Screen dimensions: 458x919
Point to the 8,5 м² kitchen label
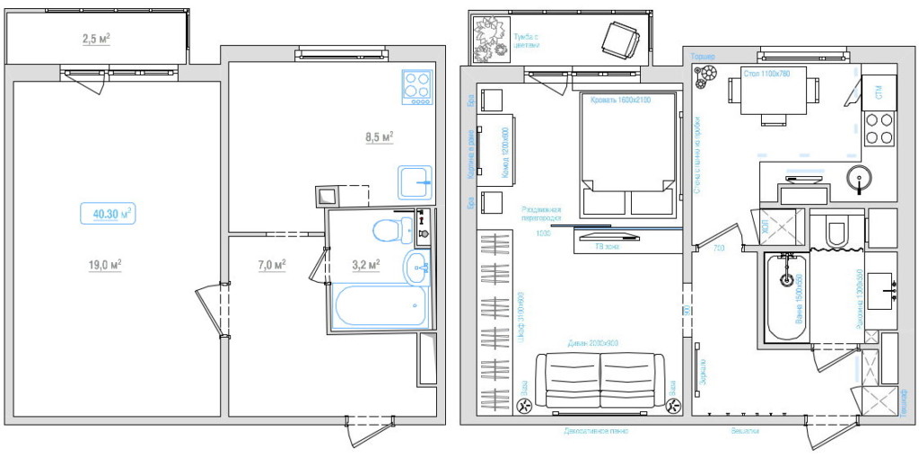[x=380, y=137]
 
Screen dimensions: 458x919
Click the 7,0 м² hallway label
[x=271, y=265]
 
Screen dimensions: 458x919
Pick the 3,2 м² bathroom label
[x=365, y=265]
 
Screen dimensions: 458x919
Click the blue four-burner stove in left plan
[x=417, y=87]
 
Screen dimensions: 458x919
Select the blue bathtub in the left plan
[x=379, y=307]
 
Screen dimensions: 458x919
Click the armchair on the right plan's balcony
[x=618, y=38]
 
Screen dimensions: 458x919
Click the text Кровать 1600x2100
[x=619, y=100]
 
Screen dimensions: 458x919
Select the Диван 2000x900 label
[x=593, y=344]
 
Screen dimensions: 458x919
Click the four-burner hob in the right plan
[x=878, y=128]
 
